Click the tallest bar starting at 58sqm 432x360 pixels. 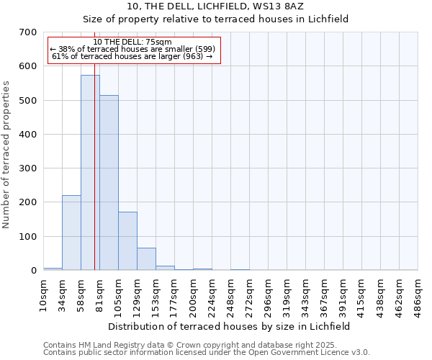point(90,173)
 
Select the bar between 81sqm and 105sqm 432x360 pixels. point(109,183)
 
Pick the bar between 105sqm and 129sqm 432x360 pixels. point(127,241)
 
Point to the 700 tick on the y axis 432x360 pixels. point(28,32)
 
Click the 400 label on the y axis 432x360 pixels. point(28,135)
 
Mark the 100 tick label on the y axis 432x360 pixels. point(28,237)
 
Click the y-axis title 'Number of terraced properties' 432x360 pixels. point(6,154)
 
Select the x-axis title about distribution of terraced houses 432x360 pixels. point(230,326)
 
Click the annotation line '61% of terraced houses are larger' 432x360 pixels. point(132,56)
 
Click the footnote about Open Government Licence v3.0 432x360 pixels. point(207,353)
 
